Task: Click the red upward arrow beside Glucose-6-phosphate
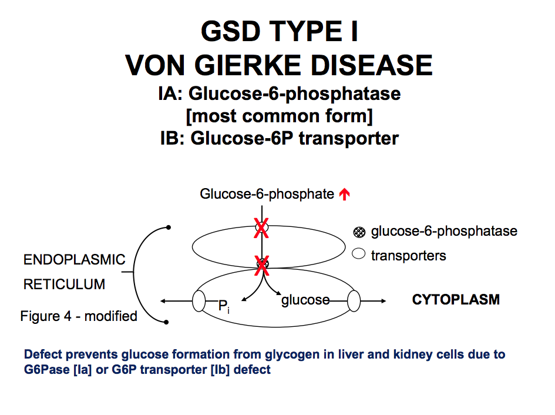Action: [345, 195]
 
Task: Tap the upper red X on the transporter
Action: [260, 227]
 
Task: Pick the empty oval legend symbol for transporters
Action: [359, 255]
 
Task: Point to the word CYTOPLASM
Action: [456, 300]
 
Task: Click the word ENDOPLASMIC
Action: [75, 260]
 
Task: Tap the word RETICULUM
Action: [65, 285]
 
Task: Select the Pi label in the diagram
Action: [223, 306]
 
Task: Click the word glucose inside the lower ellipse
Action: [305, 300]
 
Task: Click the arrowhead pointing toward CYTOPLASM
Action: [383, 301]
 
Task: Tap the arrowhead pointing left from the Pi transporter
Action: [162, 302]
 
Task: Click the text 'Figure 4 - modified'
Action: [79, 316]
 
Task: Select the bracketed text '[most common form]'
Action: [279, 116]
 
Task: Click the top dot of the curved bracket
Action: [168, 227]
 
